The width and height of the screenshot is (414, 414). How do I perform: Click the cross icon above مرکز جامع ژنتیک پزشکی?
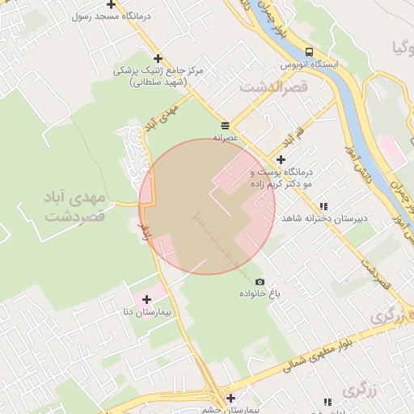coord(158,58)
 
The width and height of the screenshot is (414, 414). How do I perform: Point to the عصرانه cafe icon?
coord(224,125)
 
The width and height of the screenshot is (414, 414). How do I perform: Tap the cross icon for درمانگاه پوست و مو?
coord(281,160)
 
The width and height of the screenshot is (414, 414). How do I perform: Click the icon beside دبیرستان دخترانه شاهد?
coord(324,206)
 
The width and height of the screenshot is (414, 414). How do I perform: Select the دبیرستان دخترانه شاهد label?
coord(329,219)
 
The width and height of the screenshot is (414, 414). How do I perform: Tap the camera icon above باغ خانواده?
coord(260,281)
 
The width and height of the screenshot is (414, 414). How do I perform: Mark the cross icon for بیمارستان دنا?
coord(146,300)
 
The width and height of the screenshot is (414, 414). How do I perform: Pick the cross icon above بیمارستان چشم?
coord(230,398)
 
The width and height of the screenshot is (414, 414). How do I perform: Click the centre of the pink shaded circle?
coord(207,206)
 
